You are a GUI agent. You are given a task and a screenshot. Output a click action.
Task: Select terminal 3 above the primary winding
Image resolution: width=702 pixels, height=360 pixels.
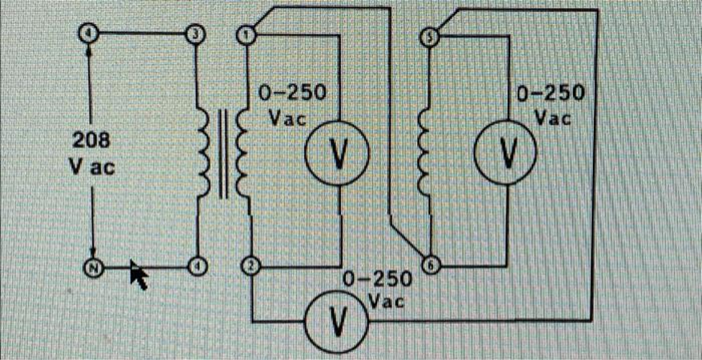194,33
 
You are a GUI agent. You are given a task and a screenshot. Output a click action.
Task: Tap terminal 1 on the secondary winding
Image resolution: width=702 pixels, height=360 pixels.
248,34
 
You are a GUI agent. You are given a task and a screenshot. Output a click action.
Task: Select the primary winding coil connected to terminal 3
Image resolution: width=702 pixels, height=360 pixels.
203,152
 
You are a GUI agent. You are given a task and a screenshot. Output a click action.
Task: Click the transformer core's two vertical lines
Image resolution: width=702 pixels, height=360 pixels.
223,152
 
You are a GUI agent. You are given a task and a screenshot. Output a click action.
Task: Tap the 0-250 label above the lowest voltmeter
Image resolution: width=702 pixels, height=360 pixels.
377,279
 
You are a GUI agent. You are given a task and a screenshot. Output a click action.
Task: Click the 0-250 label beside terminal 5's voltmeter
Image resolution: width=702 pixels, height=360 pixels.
550,91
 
